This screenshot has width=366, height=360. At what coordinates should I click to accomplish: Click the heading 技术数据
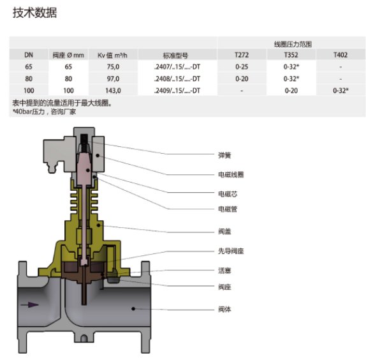pyautogui.click(x=35, y=13)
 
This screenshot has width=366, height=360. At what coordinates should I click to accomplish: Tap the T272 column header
pyautogui.click(x=242, y=54)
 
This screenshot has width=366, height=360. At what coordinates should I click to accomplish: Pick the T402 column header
pyautogui.click(x=340, y=54)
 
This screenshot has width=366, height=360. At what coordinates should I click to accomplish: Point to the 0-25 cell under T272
pyautogui.click(x=242, y=66)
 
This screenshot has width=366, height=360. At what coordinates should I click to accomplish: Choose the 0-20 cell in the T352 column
pyautogui.click(x=291, y=91)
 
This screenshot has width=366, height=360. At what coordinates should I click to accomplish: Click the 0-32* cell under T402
pyautogui.click(x=340, y=91)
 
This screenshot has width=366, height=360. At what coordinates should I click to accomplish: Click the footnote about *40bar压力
pyautogui.click(x=44, y=112)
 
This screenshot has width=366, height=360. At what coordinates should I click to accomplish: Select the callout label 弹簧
pyautogui.click(x=224, y=154)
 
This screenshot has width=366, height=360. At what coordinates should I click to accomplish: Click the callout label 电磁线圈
pyautogui.click(x=230, y=174)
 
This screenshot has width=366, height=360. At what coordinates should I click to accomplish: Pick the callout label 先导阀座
pyautogui.click(x=230, y=251)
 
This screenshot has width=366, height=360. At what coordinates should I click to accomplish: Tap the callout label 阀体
pyautogui.click(x=224, y=308)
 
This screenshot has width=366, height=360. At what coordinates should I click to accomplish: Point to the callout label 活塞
pyautogui.click(x=224, y=270)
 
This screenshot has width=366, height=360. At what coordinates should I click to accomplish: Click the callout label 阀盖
pyautogui.click(x=224, y=232)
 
